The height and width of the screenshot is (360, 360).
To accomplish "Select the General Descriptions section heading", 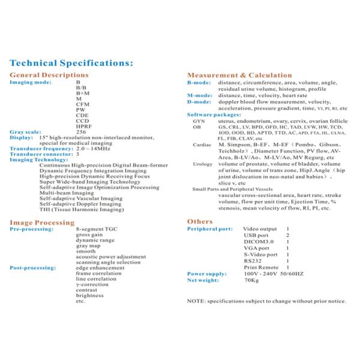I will (49, 75).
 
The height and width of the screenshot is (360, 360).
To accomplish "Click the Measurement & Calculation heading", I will (239, 75).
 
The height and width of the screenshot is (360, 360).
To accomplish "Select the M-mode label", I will (199, 95).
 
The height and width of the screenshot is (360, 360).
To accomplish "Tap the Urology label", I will (202, 164).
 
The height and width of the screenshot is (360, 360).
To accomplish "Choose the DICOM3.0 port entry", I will (256, 242).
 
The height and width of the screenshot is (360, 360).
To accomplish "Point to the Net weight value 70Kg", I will (251, 280).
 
